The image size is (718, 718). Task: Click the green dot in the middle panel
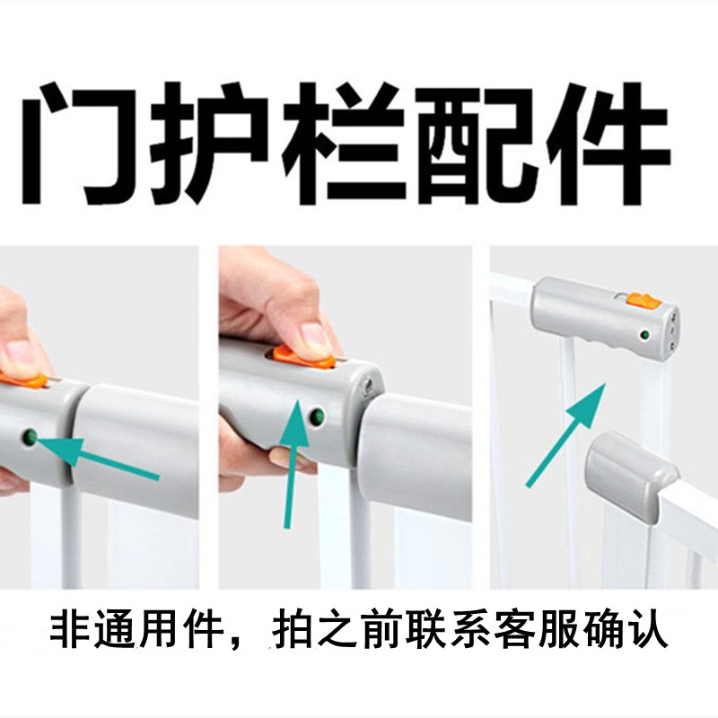[x=316, y=416]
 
